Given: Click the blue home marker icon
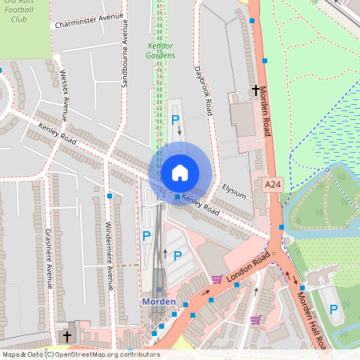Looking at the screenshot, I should [x=179, y=172].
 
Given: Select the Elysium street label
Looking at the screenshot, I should [x=234, y=191].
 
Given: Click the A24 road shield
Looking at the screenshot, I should [x=274, y=184].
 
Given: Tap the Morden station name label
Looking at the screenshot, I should [x=158, y=302].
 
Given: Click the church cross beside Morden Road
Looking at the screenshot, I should [x=256, y=90].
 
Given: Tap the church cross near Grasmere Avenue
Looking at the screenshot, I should [x=66, y=336].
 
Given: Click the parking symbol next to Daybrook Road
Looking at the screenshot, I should [x=175, y=119].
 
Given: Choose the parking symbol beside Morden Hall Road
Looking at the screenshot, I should [x=334, y=308].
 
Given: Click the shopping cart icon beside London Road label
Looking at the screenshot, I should [x=216, y=279].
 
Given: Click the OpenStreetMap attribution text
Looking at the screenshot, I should [x=80, y=354].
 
